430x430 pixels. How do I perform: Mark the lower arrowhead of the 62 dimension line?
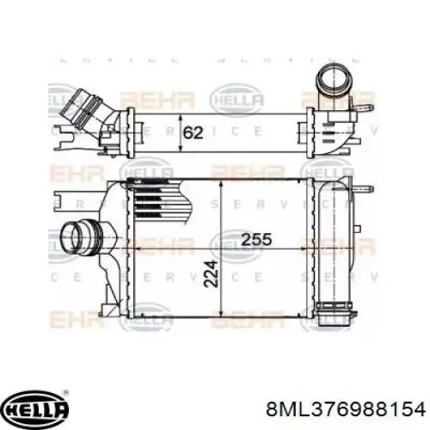coord(178,150)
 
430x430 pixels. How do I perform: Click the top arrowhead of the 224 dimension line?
coord(222,185)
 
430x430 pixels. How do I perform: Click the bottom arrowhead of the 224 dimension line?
coord(222,312)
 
